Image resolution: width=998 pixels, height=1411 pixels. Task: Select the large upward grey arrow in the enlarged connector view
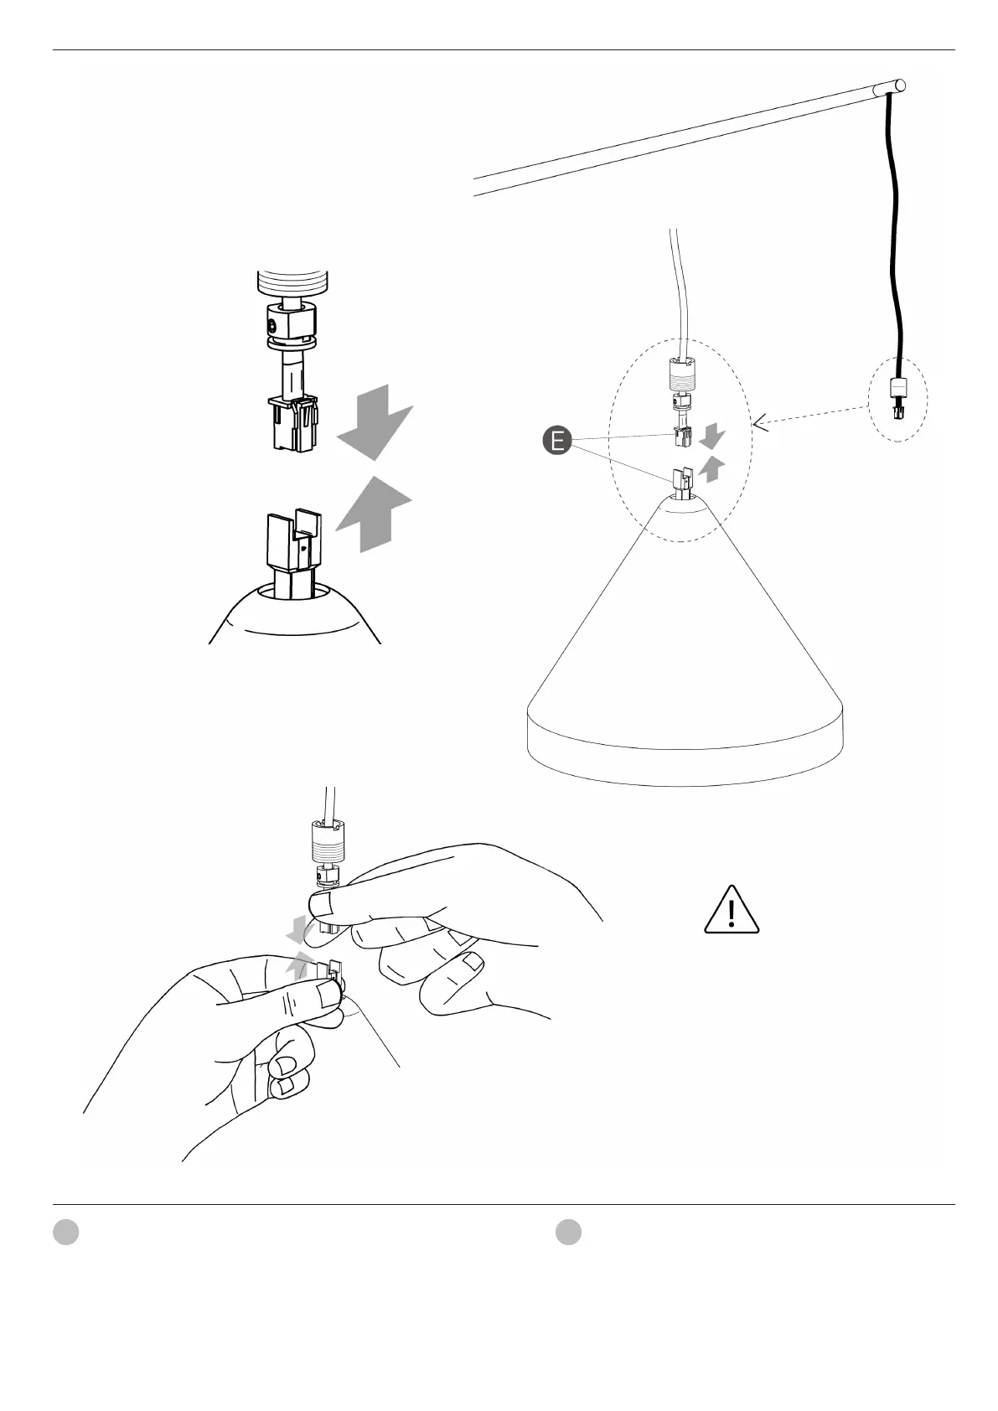[x=375, y=512]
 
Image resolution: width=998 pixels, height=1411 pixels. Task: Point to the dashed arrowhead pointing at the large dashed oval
[x=760, y=425]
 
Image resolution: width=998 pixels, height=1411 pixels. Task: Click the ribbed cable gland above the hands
[x=328, y=843]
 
